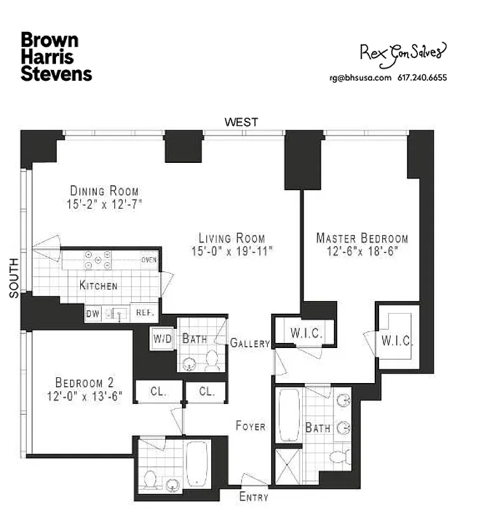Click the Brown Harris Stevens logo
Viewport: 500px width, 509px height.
coord(56,57)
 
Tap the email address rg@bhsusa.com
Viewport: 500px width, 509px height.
coord(359,78)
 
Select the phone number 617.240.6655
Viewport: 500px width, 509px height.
coord(422,78)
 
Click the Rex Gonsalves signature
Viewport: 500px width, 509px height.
coord(403,53)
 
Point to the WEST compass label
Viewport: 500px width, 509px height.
coord(242,122)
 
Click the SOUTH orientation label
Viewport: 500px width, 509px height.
coord(13,277)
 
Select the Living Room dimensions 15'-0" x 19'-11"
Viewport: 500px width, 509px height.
coord(232,251)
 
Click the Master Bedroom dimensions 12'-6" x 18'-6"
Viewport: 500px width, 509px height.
coord(363,251)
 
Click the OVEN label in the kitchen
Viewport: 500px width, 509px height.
coord(149,260)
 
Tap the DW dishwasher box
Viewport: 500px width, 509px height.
coord(93,314)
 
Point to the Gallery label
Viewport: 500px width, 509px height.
coord(250,343)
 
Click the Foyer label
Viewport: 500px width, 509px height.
coord(250,426)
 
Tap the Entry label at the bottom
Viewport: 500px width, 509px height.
coord(253,497)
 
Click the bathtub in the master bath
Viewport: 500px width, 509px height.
coord(289,415)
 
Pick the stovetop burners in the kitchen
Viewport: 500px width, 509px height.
coord(98,260)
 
